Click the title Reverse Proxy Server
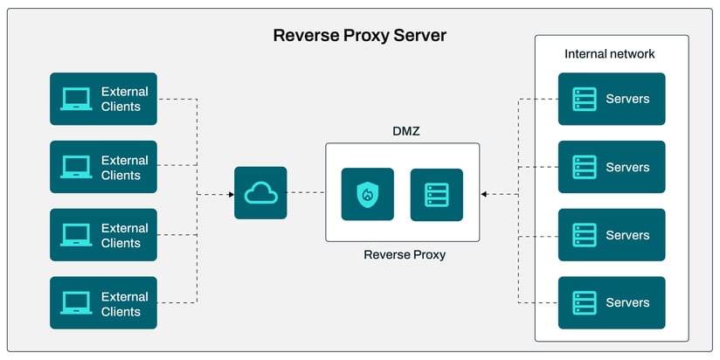359,36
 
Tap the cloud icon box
260,193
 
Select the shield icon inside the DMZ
367,194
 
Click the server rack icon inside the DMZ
436,194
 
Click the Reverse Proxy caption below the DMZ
405,255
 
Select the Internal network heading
610,54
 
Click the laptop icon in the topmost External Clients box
76,99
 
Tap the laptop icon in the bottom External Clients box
76,303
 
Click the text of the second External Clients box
124,168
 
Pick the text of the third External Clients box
124,235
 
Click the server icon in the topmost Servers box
584,99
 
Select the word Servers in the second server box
627,167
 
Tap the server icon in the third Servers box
584,235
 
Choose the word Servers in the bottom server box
627,303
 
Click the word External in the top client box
125,92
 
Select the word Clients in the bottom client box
121,311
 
